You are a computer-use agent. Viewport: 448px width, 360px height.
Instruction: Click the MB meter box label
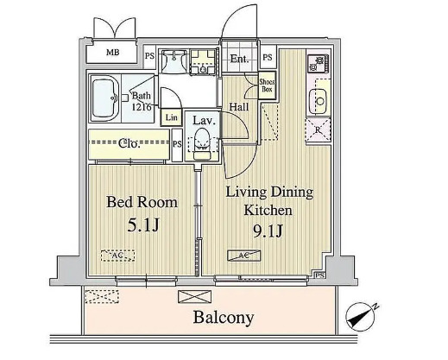[112, 53]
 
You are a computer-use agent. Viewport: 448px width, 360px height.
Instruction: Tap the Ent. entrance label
[239, 60]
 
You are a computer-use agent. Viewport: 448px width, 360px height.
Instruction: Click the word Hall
[239, 106]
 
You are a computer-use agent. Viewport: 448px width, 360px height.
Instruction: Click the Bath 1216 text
[142, 101]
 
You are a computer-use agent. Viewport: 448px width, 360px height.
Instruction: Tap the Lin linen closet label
[171, 117]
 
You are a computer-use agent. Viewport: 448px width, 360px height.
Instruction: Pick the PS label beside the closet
[177, 144]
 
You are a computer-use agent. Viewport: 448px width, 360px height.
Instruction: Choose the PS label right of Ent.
[268, 58]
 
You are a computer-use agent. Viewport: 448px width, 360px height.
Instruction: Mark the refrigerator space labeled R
[315, 131]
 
